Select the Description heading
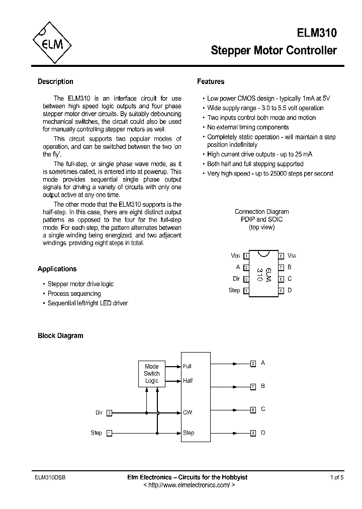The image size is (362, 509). tap(55, 81)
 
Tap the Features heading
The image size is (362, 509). tap(211, 81)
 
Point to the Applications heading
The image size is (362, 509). tap(57, 269)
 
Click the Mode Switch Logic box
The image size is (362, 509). tap(151, 374)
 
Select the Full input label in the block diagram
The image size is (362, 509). tap(188, 366)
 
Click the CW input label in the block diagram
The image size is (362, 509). tap(188, 412)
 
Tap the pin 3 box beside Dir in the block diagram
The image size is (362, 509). tap(110, 412)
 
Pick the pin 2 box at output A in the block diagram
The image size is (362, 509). tap(253, 363)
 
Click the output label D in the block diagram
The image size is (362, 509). tap(263, 433)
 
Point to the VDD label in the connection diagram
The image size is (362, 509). tap(235, 256)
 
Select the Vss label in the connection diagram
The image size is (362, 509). tap(292, 256)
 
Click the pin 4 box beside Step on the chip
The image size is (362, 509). tap(246, 291)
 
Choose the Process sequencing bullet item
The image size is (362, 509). tap(74, 294)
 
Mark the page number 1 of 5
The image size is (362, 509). tap(337, 477)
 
